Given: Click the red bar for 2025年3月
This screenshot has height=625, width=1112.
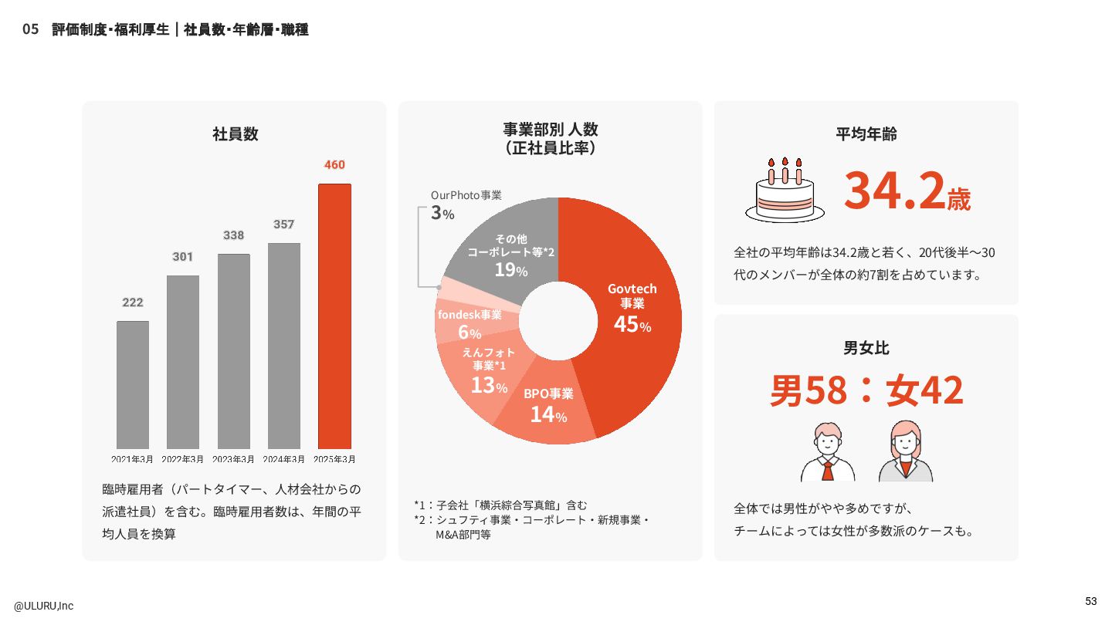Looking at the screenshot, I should pyautogui.click(x=334, y=316).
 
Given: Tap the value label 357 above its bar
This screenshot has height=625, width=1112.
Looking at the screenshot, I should pyautogui.click(x=283, y=225).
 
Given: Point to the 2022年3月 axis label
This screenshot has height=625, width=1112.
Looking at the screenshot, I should pyautogui.click(x=183, y=459).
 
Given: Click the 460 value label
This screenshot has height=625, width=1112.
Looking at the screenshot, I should pyautogui.click(x=334, y=164).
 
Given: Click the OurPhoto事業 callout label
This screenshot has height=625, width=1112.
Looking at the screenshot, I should pyautogui.click(x=466, y=195).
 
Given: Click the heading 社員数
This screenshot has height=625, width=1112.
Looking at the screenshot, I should pyautogui.click(x=235, y=133).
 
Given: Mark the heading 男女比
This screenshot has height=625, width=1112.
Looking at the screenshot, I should pyautogui.click(x=866, y=348).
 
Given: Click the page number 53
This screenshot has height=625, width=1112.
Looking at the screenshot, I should pyautogui.click(x=1090, y=601).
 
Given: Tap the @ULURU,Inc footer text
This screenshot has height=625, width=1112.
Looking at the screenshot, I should pyautogui.click(x=43, y=606).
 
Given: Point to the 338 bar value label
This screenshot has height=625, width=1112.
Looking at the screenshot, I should pyautogui.click(x=233, y=235).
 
